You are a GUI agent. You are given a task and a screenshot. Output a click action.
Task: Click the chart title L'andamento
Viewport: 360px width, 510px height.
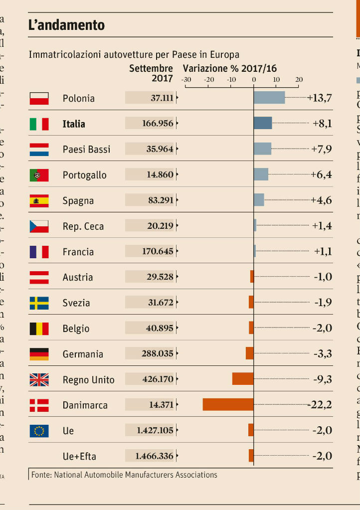tap(66, 25)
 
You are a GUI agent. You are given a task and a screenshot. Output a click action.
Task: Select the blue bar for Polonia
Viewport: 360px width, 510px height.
tap(269, 98)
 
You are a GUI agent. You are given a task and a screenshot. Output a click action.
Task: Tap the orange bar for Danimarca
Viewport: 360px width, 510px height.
tap(228, 404)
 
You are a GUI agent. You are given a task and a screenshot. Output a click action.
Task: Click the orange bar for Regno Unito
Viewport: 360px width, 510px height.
tap(243, 379)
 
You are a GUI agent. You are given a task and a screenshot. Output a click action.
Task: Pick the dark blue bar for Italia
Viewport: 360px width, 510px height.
tap(263, 123)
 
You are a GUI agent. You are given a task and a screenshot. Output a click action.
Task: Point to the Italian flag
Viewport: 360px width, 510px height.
tap(39, 124)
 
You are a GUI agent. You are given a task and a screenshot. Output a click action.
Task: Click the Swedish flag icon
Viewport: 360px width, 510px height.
tap(39, 303)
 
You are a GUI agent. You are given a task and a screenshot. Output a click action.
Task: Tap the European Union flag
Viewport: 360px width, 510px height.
tap(39, 430)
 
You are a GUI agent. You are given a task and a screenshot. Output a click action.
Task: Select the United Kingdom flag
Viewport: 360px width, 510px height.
tap(39, 379)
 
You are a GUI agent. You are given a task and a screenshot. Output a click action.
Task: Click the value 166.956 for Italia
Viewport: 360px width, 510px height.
tap(158, 124)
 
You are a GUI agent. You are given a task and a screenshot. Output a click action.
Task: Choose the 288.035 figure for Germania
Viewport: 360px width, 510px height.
tap(158, 353)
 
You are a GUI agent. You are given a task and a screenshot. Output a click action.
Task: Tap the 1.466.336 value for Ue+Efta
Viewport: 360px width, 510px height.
tap(155, 456)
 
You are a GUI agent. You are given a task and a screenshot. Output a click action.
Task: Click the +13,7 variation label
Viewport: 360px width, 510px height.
tap(320, 98)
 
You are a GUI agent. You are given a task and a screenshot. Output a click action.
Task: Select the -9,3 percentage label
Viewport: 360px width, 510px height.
tap(322, 379)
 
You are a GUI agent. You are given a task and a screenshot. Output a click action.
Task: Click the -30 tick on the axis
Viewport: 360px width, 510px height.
tap(185, 80)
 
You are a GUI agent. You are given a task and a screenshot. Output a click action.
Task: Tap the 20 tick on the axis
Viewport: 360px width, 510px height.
tap(299, 80)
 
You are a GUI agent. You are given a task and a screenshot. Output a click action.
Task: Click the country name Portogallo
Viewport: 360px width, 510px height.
tap(84, 175)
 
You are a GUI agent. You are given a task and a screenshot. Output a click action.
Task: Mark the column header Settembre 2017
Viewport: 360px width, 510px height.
tap(151, 73)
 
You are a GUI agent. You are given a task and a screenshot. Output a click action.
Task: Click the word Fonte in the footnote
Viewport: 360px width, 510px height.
tap(41, 474)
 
